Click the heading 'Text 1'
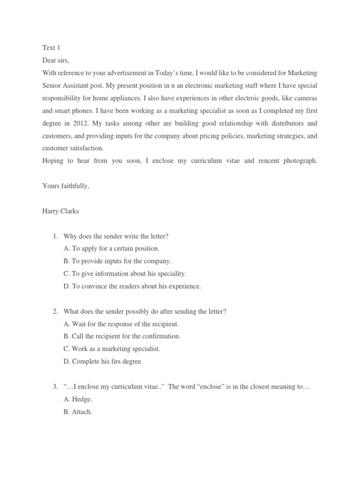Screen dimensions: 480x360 click(x=51, y=48)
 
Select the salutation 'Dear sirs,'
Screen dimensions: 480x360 click(x=58, y=60)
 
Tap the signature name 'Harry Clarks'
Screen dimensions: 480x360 click(x=60, y=211)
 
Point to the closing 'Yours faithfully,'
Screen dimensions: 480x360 click(x=66, y=186)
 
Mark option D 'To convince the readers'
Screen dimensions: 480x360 click(x=132, y=286)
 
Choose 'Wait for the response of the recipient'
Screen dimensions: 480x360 click(x=121, y=324)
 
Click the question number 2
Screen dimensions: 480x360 click(x=55, y=311)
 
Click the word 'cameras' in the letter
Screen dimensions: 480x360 click(x=305, y=98)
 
